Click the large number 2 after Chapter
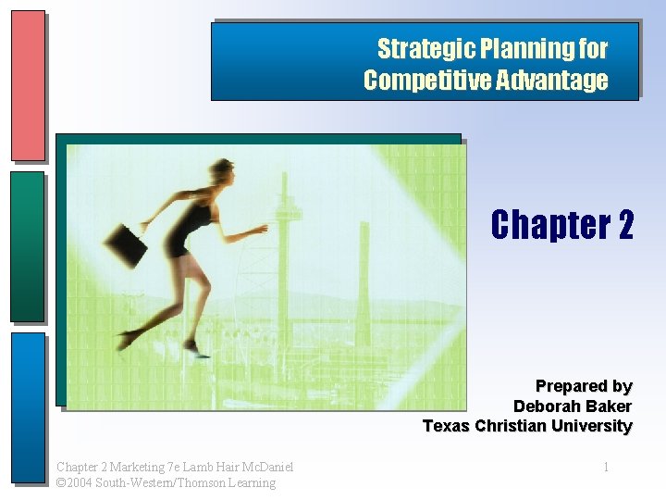pos(622,224)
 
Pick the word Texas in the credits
pos(446,426)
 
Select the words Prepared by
pos(584,385)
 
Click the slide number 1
pos(606,467)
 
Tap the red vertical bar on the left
pos(28,85)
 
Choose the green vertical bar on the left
pos(28,245)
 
